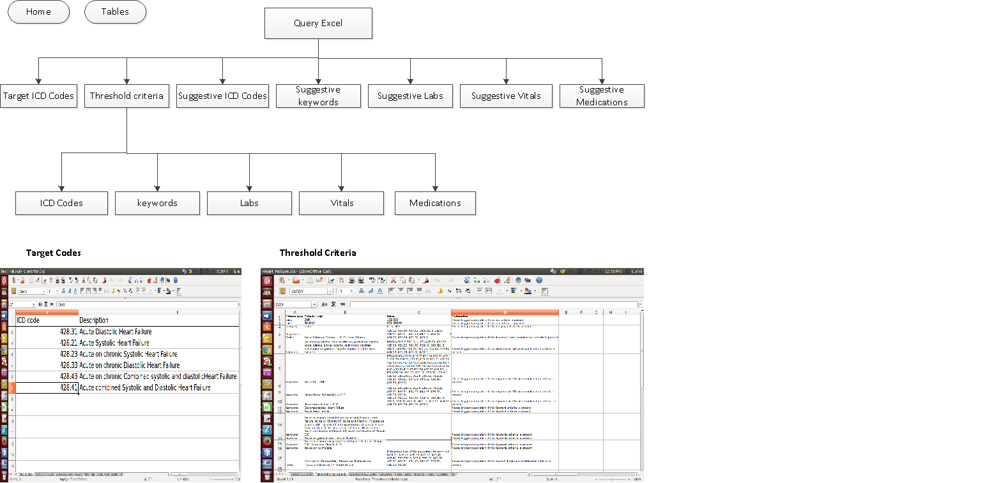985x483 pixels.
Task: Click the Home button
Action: (x=38, y=11)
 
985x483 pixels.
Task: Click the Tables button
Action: (x=115, y=11)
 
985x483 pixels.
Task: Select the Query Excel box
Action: (x=318, y=24)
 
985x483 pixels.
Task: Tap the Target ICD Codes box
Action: (x=38, y=96)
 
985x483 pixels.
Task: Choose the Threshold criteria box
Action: (x=126, y=96)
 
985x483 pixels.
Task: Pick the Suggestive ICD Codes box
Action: (x=222, y=96)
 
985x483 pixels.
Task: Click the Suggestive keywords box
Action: (x=318, y=96)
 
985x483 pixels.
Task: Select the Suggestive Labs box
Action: (x=410, y=96)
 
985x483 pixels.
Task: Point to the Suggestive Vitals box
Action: (x=506, y=96)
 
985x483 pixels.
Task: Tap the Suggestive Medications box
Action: (x=602, y=96)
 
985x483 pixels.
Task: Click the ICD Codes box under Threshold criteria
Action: (x=61, y=203)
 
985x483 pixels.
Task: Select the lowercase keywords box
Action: (x=157, y=203)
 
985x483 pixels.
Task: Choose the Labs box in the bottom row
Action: (x=249, y=203)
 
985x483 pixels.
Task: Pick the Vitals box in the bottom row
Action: (x=341, y=203)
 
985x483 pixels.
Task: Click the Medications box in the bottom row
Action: (x=435, y=203)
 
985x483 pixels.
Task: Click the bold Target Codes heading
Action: (x=54, y=253)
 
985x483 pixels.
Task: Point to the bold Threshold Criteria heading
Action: (x=317, y=253)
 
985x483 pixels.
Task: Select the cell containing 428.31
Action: (x=68, y=332)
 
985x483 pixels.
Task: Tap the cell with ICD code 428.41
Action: (x=68, y=388)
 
